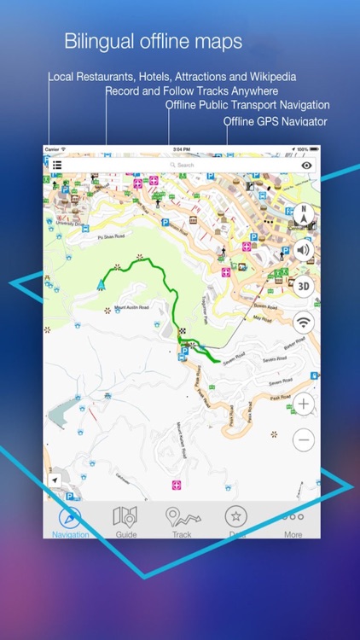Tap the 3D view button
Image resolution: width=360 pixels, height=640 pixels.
[x=303, y=286]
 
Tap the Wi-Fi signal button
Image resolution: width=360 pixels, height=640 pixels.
[x=303, y=322]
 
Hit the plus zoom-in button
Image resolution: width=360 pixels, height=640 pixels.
[x=303, y=404]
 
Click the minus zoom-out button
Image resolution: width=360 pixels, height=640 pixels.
[x=303, y=439]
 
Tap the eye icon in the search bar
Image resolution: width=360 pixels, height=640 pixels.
[x=306, y=166]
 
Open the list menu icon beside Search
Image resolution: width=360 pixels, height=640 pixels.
[x=56, y=166]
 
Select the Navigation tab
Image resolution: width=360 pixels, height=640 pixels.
[x=70, y=521]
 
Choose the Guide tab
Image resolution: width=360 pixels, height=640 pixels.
[x=126, y=521]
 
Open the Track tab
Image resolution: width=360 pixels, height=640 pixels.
[x=182, y=521]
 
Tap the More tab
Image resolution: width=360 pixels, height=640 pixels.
[x=293, y=521]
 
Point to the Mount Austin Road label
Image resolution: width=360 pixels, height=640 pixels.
[x=131, y=306]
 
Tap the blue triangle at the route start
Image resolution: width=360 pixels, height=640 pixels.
[x=102, y=283]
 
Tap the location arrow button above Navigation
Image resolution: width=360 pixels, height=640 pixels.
[x=55, y=481]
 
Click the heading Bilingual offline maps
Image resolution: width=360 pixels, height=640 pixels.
[x=154, y=41]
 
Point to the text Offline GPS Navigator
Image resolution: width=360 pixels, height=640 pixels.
[x=276, y=121]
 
